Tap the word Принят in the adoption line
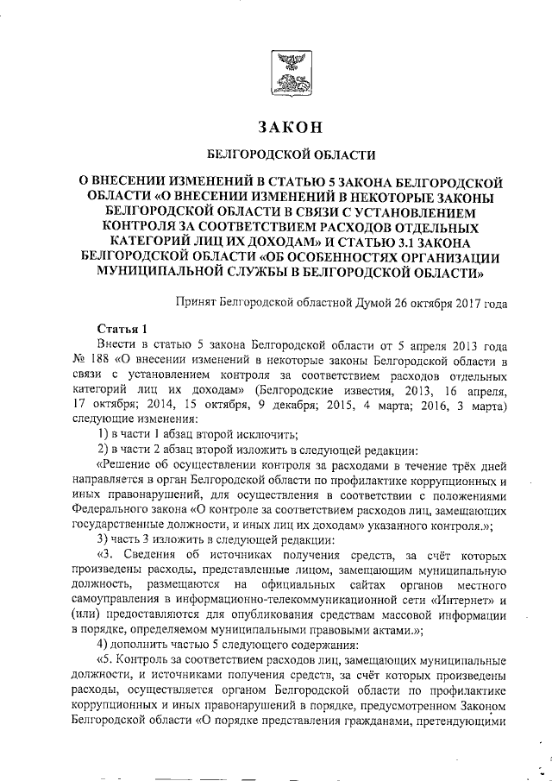click(x=194, y=303)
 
